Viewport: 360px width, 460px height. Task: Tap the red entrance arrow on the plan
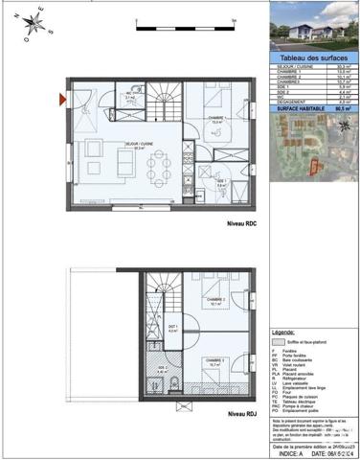63,99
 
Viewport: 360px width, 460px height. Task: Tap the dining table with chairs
160,172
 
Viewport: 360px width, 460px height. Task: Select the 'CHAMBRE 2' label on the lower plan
218,304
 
